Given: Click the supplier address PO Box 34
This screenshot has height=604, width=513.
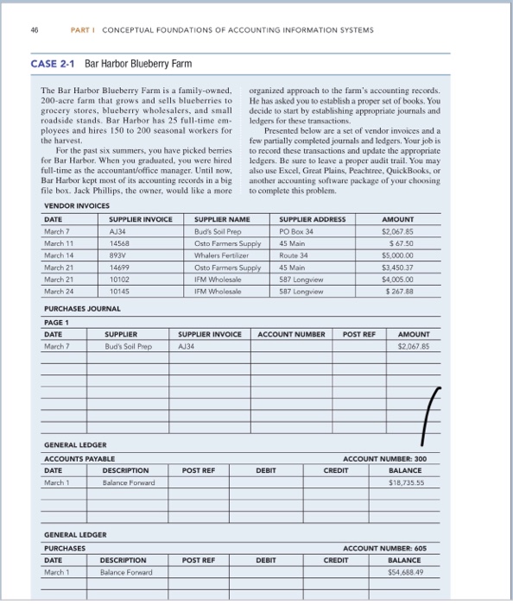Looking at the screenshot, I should coord(295,232).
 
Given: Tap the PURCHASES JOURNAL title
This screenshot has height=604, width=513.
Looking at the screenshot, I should coord(81,308).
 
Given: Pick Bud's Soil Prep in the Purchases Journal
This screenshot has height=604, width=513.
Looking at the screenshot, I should coord(128,346).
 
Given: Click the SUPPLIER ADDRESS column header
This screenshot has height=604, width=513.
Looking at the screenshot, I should coord(313,219).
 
